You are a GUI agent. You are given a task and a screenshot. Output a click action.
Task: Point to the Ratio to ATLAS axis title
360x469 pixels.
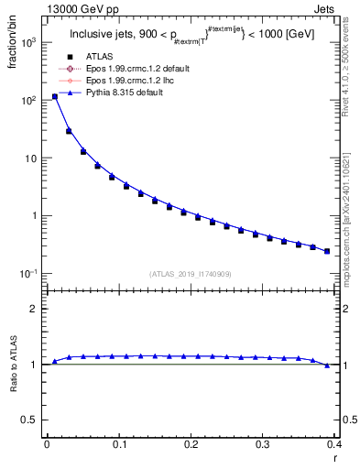pyautogui.click(x=12, y=366)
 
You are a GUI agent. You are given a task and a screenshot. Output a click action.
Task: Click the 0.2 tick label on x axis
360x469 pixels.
pyautogui.click(x=191, y=444)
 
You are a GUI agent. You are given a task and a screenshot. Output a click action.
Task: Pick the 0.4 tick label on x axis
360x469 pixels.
pyautogui.click(x=334, y=444)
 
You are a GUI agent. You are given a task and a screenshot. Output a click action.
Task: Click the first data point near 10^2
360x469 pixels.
pyautogui.click(x=54, y=96)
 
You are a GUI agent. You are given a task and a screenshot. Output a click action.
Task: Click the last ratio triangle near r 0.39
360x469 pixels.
pyautogui.click(x=327, y=365)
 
